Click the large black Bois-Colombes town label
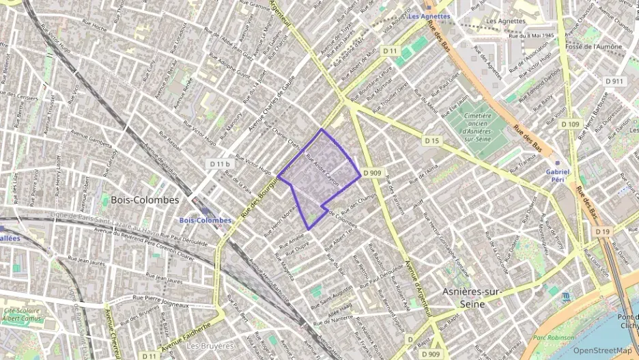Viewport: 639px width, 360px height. click(144, 200)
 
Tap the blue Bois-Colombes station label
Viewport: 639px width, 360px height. click(205, 221)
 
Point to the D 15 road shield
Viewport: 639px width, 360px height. click(431, 140)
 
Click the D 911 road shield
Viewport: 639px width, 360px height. click(614, 81)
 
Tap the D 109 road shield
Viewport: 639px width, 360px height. click(570, 124)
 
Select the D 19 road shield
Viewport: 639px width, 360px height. click(602, 232)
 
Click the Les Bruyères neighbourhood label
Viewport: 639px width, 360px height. click(210, 346)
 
